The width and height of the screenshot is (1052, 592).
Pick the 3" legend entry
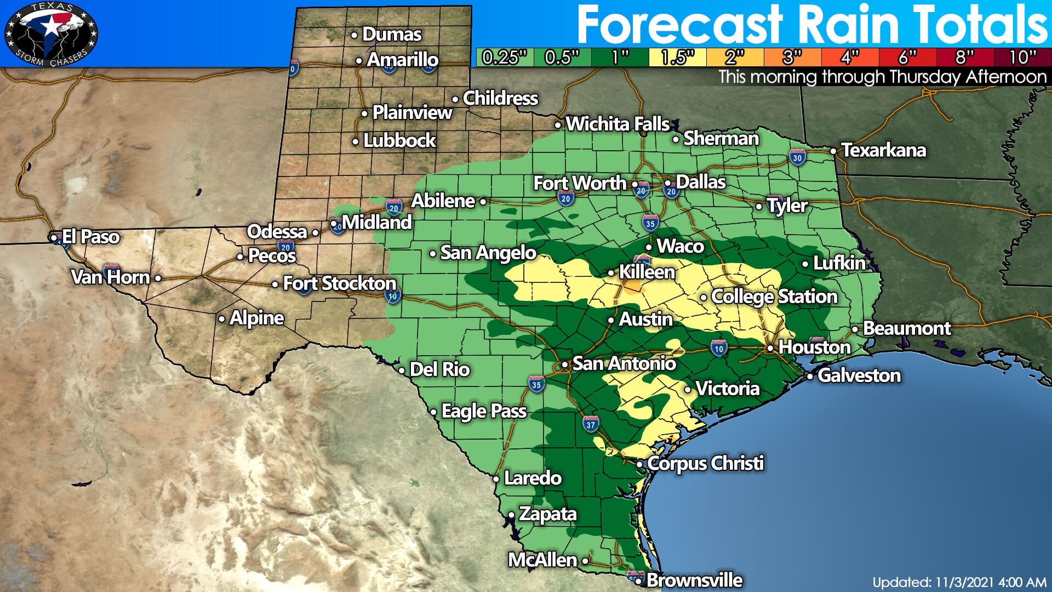coord(792,57)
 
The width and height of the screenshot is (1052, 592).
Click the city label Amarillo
coord(403,60)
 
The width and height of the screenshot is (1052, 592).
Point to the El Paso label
coord(90,237)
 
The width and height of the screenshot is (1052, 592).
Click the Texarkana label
coord(883,150)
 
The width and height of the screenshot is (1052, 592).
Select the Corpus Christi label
coord(705,464)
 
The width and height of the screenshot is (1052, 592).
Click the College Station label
coord(774,297)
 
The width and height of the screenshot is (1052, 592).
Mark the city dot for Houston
coord(770,348)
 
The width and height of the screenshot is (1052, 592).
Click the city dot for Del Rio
coord(401,370)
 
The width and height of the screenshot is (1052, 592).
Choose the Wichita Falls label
coord(618,124)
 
